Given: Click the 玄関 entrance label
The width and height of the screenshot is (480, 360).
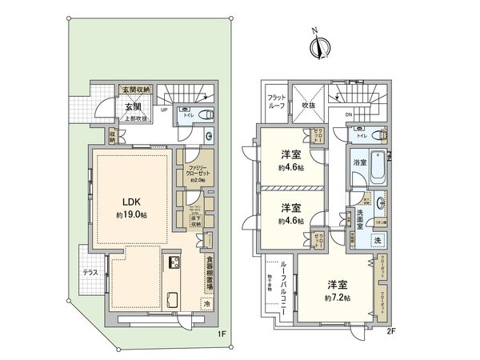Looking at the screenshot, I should pyautogui.click(x=133, y=106).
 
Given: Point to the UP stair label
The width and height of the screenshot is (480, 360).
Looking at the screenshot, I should pyautogui.click(x=164, y=112).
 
